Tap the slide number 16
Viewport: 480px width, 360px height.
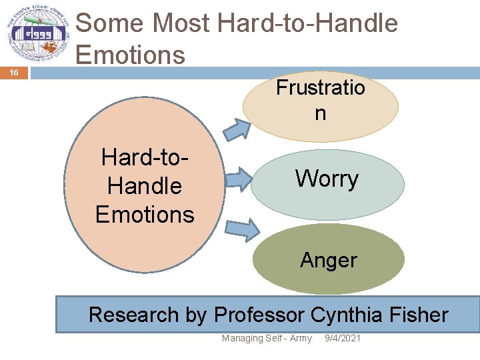coord(15,72)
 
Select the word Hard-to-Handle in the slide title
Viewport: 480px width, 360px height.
coord(307,23)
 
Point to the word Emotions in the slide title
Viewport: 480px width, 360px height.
coord(131,54)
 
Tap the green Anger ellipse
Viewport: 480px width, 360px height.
coord(329,259)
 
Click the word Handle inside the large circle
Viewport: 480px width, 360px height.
coord(145,186)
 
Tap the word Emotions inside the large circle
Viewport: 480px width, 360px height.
coord(145,215)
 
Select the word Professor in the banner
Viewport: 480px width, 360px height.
coord(259,314)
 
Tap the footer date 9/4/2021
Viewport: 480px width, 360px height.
coord(342,339)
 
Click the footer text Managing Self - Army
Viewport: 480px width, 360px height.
coord(267,339)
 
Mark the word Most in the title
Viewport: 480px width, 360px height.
coord(182,23)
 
